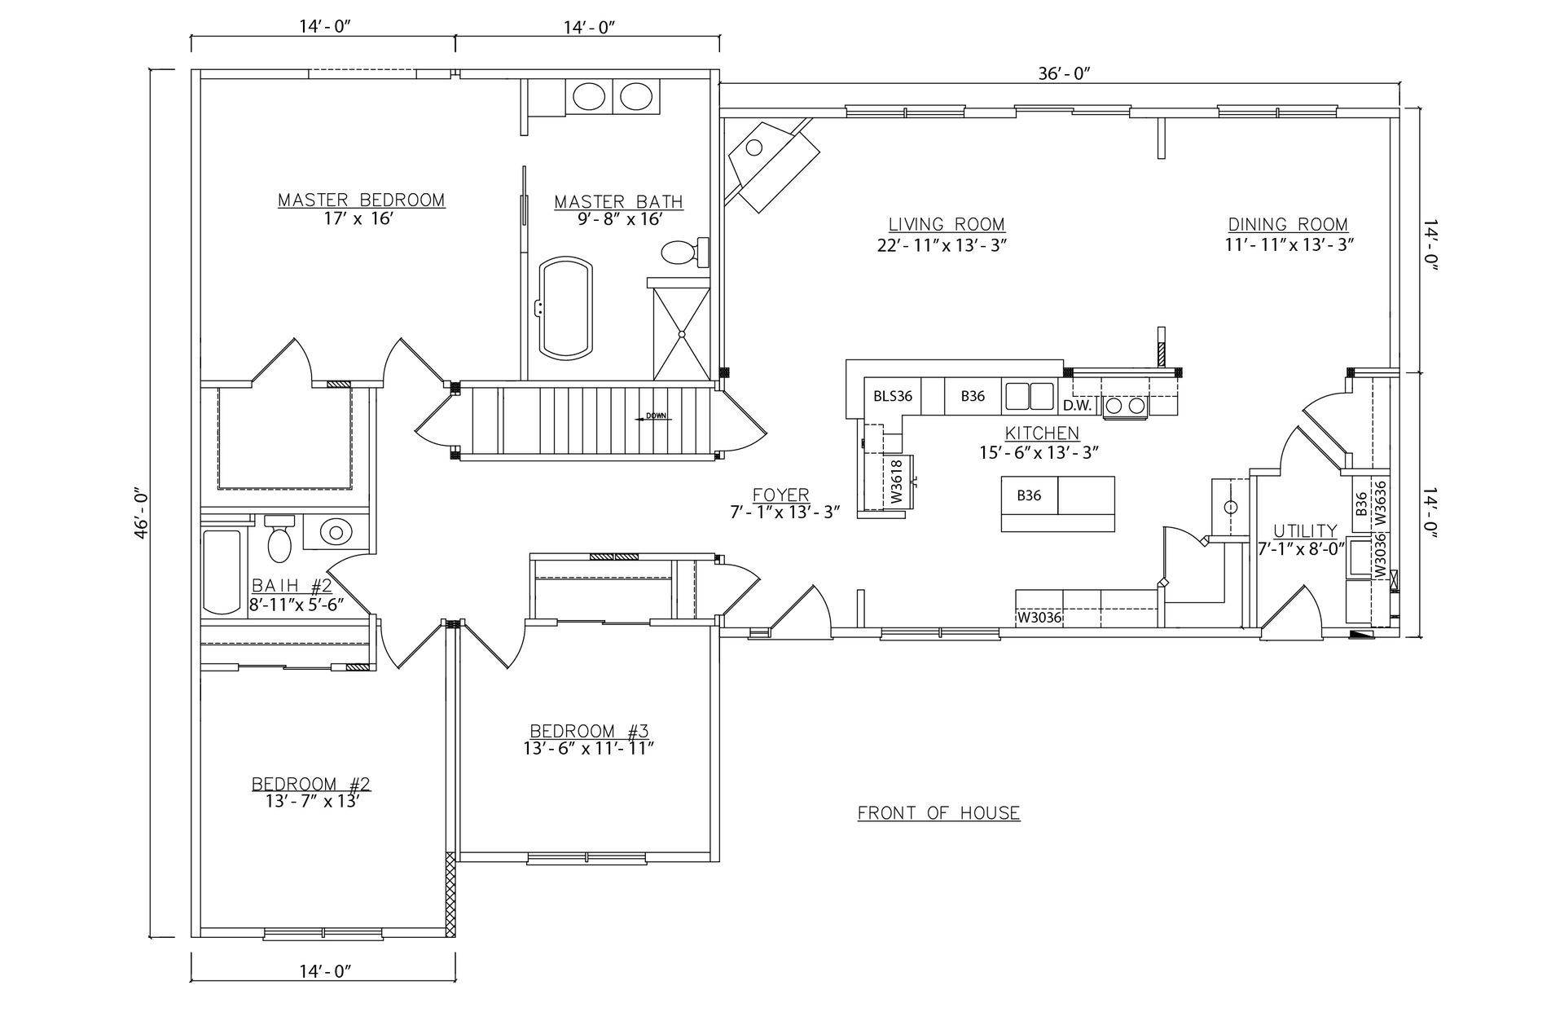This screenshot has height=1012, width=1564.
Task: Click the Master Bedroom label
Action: point(361,200)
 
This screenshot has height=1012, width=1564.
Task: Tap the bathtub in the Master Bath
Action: point(568,307)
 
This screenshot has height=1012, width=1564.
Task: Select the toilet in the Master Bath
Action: point(682,252)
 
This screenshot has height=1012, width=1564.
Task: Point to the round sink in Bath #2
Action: point(334,532)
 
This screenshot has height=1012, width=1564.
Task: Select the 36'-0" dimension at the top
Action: point(1064,73)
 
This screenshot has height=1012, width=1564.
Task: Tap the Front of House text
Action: point(938,812)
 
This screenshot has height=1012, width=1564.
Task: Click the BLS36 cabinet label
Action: point(893,397)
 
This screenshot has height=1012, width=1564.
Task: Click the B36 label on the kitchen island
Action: point(1029,495)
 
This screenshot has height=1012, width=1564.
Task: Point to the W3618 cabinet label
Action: point(896,482)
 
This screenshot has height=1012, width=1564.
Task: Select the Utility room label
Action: point(1305,530)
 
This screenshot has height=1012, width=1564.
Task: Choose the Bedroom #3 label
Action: point(589,730)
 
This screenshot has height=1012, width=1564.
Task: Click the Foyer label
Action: point(780,495)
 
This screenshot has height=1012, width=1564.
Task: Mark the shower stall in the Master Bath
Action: point(682,332)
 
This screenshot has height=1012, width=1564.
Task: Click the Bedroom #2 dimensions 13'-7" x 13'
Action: point(312,801)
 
